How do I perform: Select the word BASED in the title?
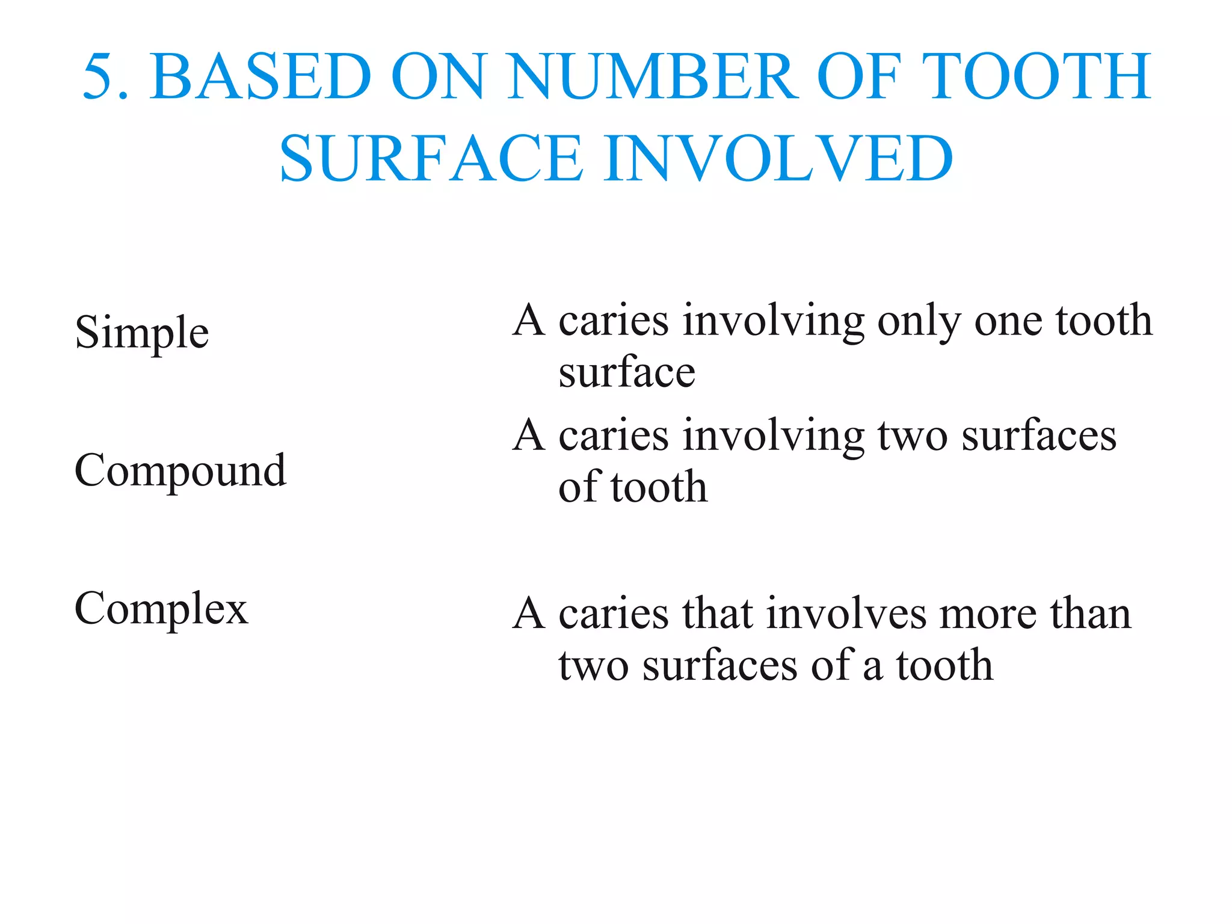click(262, 77)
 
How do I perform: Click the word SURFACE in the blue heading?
click(431, 159)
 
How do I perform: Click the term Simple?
click(142, 333)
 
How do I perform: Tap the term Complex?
click(161, 609)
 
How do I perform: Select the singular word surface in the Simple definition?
click(627, 373)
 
